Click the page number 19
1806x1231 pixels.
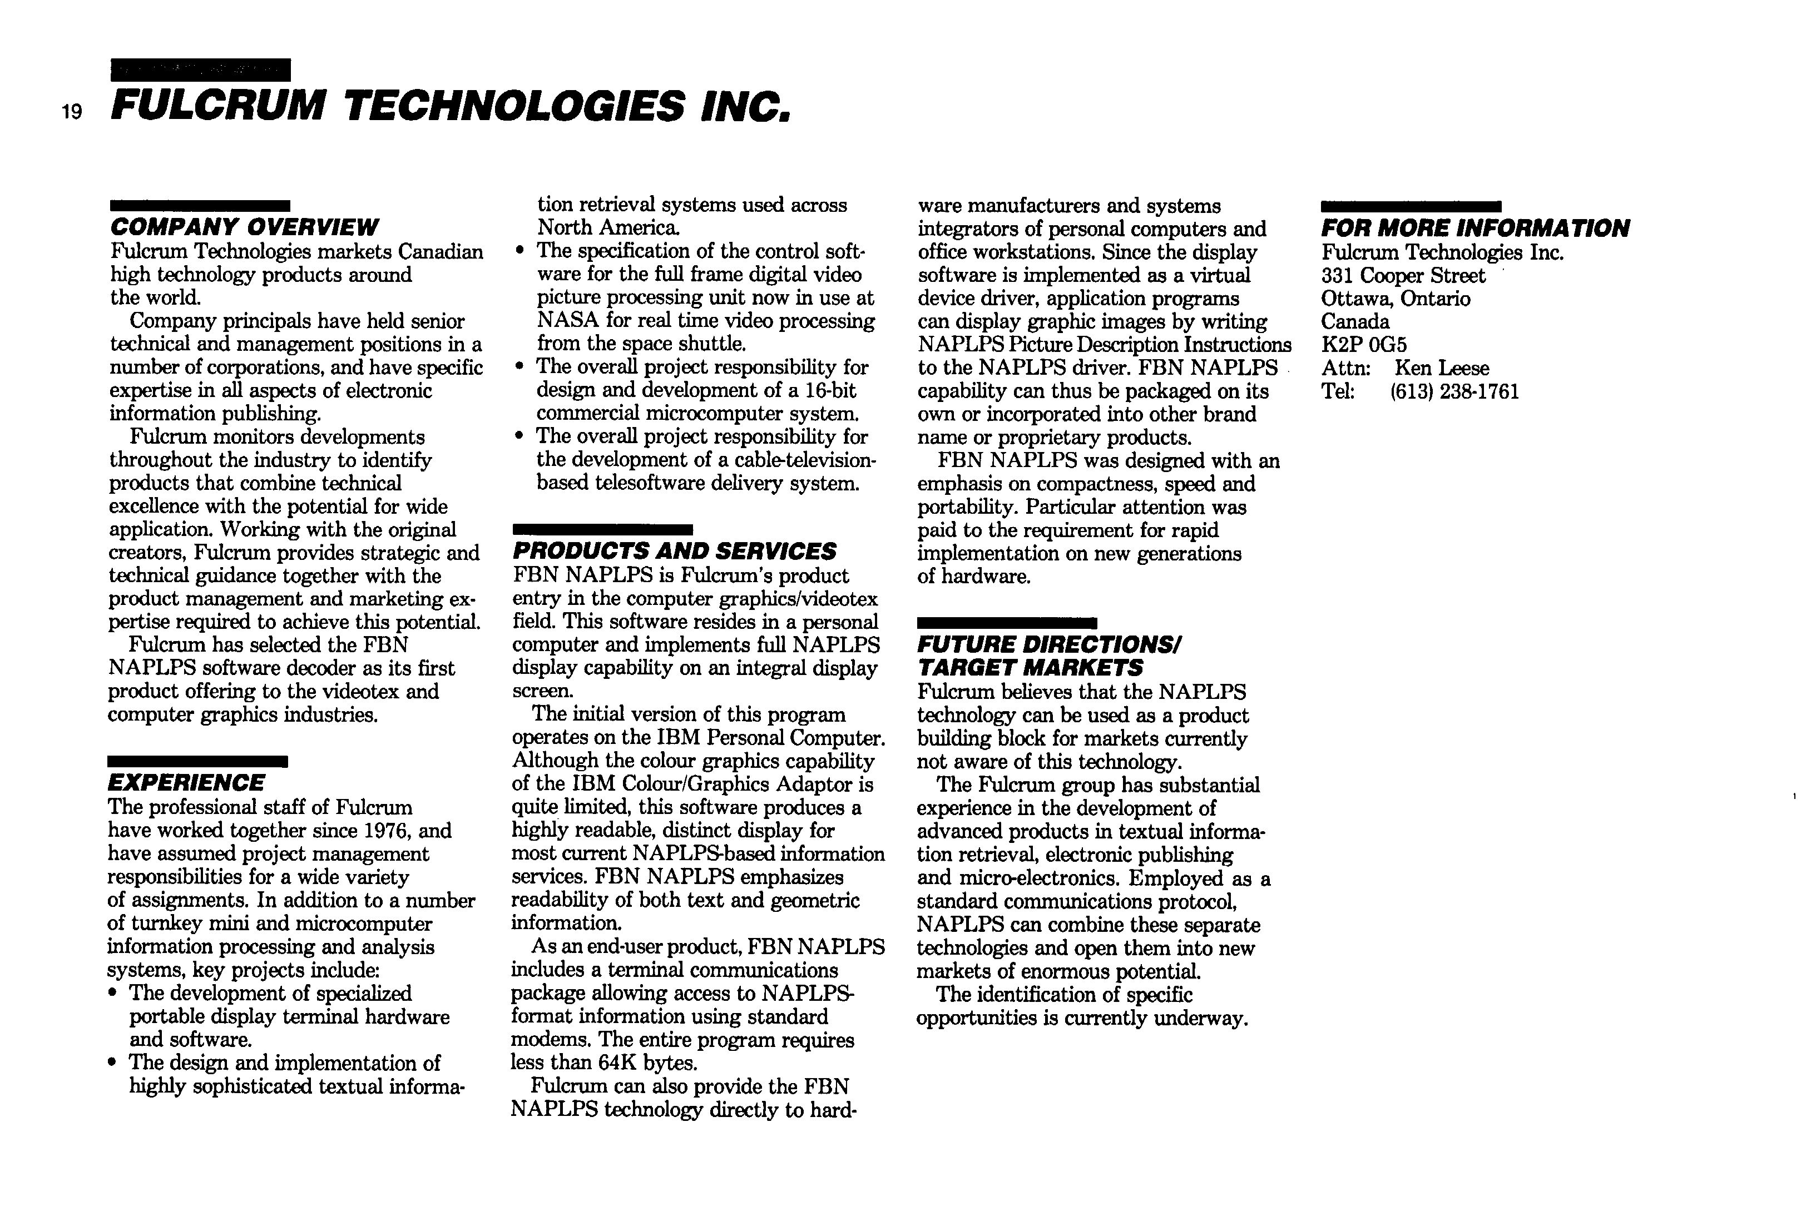click(72, 113)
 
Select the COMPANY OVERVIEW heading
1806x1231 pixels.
click(244, 227)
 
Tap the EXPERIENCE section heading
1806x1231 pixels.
click(186, 783)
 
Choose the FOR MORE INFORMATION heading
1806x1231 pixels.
click(1474, 229)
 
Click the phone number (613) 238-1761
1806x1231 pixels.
click(1454, 391)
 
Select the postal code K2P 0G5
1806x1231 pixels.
click(1364, 345)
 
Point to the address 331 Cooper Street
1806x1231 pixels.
click(1403, 276)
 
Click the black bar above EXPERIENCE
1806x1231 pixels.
click(197, 761)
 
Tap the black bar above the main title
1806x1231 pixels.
click(200, 70)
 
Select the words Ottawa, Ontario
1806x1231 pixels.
click(1395, 299)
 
